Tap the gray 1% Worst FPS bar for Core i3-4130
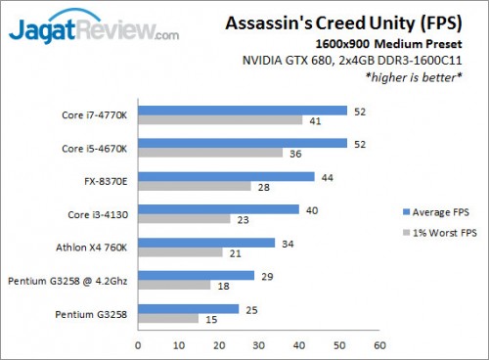click(x=185, y=220)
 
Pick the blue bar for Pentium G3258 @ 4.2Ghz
click(x=197, y=276)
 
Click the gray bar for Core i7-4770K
click(x=221, y=120)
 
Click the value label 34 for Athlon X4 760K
click(x=286, y=243)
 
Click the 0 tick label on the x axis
click(x=139, y=345)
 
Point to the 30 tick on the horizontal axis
click(x=259, y=345)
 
